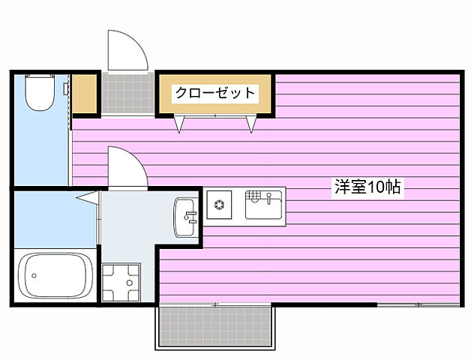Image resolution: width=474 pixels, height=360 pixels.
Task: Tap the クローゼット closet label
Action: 215,94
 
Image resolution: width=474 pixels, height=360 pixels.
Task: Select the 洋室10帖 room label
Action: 368,187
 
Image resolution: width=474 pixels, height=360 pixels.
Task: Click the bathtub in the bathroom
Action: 55,277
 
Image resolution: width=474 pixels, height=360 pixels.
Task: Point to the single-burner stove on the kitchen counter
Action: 220,205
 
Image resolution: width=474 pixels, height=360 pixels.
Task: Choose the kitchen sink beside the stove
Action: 265,205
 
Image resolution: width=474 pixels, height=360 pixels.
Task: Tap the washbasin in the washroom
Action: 185,217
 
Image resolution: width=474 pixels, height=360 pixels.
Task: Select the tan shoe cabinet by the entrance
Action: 85,94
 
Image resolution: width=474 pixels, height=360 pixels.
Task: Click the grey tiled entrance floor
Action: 127,93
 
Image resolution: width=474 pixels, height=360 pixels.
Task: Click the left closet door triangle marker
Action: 179,124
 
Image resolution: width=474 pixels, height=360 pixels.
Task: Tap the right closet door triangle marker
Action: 251,124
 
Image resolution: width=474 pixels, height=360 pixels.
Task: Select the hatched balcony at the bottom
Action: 216,327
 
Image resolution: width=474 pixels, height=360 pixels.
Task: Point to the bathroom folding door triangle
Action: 88,198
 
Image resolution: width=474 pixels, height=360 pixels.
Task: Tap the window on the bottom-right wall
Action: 417,305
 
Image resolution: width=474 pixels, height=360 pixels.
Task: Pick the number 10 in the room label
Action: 374,187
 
